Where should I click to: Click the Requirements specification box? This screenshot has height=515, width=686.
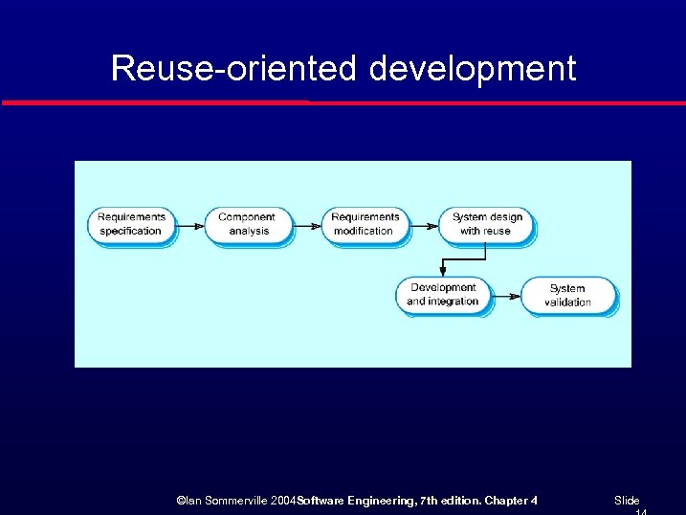[131, 225]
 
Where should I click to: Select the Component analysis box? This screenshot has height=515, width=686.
[247, 225]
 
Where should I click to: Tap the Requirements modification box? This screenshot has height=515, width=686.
[364, 225]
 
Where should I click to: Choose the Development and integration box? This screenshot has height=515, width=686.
[442, 295]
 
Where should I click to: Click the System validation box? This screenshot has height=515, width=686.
[567, 296]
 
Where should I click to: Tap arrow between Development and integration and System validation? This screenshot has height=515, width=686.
[506, 297]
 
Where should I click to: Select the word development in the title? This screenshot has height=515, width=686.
[473, 69]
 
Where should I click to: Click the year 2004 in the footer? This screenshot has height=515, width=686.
[283, 501]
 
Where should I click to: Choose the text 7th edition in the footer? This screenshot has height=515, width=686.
[451, 501]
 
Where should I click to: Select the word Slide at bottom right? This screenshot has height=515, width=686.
[627, 501]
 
